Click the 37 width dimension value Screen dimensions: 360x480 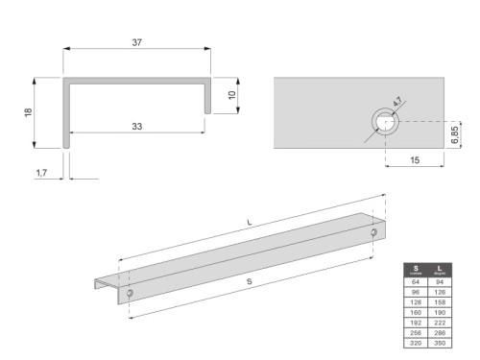[x=137, y=41]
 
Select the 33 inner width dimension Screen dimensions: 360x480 [x=137, y=127]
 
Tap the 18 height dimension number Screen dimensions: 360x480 [x=28, y=112]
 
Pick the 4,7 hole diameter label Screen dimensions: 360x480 [x=397, y=100]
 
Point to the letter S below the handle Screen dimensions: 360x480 [x=249, y=282]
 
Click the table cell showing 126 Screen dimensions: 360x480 [x=439, y=293]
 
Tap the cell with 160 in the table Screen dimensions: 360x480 [x=417, y=312]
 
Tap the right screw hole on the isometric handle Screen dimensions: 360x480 [x=373, y=232]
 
